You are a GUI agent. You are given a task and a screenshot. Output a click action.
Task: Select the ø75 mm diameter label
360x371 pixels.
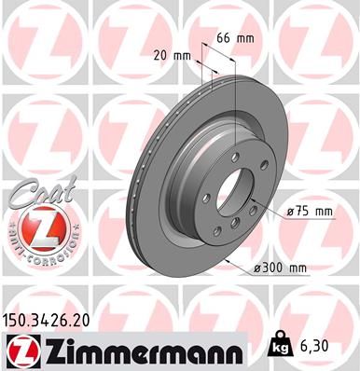pos(311,212)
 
